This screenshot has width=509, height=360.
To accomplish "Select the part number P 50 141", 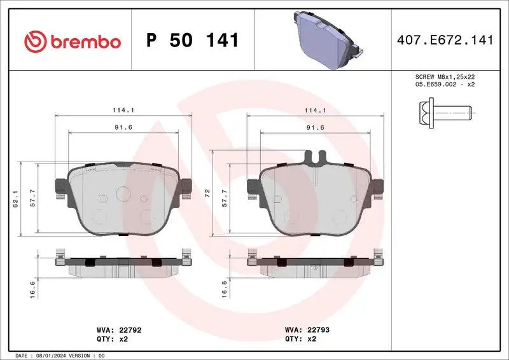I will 192,41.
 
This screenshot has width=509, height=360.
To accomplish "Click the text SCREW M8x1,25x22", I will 445,77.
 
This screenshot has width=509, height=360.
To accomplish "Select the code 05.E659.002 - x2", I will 445,85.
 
